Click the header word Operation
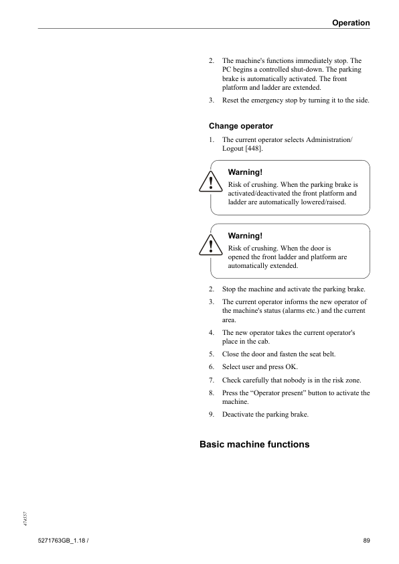351,23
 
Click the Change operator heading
241,126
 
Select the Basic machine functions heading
254,443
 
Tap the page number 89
366,540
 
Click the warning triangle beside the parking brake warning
210,183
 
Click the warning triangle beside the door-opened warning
210,246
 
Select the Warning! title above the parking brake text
245,171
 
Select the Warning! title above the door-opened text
245,236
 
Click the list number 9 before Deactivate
211,415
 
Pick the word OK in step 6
291,367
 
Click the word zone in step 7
353,380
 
